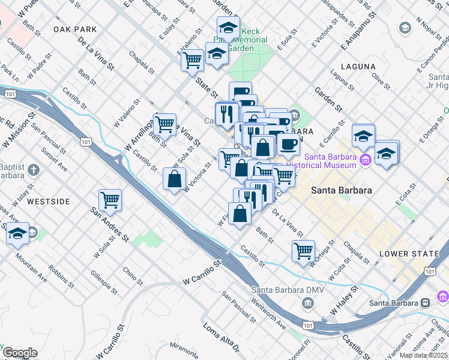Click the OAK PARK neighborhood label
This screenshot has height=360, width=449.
click(74, 29)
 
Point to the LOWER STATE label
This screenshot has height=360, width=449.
click(409, 254)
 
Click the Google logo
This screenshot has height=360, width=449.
click(20, 353)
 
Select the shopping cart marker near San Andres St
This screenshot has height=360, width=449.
click(110, 200)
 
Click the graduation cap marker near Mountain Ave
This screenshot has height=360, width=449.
click(18, 233)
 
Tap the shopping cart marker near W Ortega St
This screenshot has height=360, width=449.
click(304, 250)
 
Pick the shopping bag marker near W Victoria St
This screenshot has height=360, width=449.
click(174, 179)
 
